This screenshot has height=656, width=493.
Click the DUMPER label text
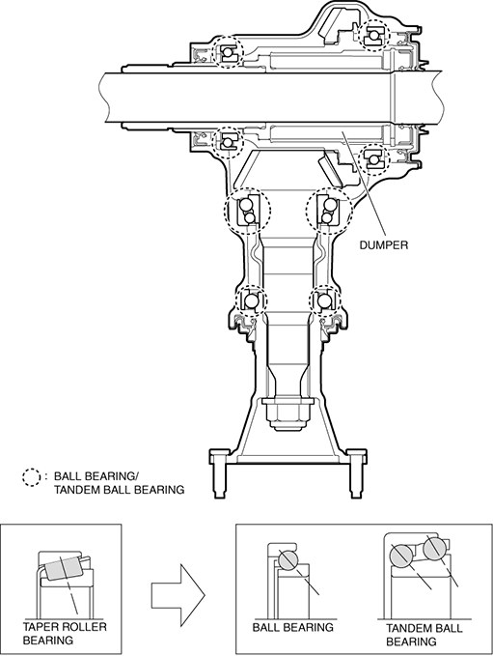[x=384, y=244]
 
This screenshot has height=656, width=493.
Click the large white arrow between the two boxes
[x=178, y=594]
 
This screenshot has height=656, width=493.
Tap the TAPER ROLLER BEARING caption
[x=65, y=633]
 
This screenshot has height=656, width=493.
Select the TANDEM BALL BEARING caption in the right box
[x=424, y=634]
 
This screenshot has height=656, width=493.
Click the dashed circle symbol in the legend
[x=31, y=477]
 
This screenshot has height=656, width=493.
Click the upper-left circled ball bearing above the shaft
[x=228, y=52]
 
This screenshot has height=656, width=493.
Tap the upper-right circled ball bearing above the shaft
[x=373, y=35]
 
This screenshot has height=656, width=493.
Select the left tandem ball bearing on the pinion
[x=247, y=210]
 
